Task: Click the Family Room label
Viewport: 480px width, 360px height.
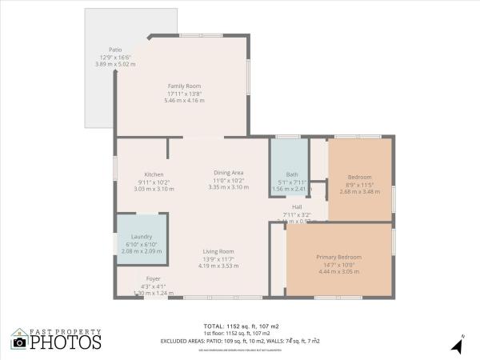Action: click(x=184, y=86)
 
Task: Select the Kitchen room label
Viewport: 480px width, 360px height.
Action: click(x=154, y=174)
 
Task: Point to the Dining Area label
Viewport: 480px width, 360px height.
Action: click(x=228, y=172)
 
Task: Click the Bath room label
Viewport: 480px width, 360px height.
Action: click(x=292, y=174)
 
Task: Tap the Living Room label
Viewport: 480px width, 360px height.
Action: click(x=218, y=251)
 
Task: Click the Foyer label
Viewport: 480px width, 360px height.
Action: click(x=154, y=278)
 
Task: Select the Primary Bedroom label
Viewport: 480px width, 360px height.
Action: click(x=338, y=257)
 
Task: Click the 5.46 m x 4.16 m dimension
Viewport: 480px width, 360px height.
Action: click(x=184, y=100)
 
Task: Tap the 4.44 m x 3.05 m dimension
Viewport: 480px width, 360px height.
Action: click(x=338, y=271)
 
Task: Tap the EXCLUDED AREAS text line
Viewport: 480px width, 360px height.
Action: click(x=240, y=340)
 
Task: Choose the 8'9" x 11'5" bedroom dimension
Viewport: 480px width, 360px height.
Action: click(x=359, y=185)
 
